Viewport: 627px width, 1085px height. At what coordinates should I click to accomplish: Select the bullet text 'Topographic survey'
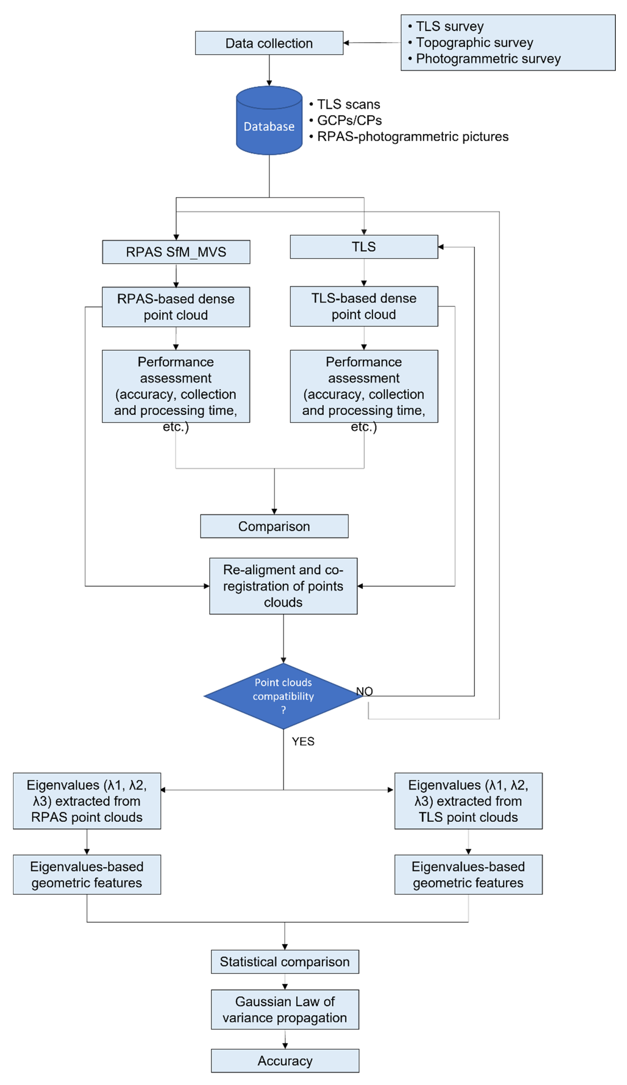point(474,43)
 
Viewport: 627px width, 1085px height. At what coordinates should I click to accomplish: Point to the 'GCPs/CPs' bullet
point(349,121)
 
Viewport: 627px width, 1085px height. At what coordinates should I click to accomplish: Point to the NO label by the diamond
point(364,691)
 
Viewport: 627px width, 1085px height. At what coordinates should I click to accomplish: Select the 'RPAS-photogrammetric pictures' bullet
point(413,136)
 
